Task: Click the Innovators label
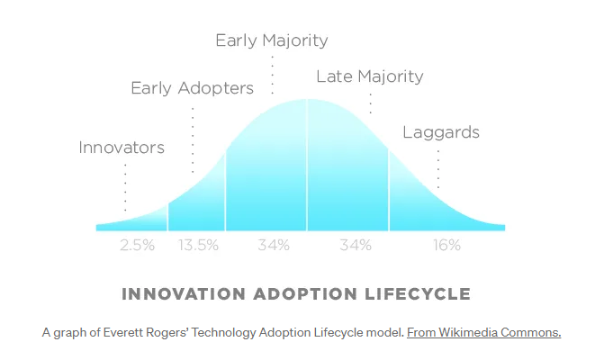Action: [x=122, y=148]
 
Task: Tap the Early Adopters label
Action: [x=192, y=88]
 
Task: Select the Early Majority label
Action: [x=271, y=40]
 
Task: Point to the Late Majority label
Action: [x=369, y=76]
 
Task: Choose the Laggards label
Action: [x=440, y=133]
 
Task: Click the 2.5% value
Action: [x=137, y=245]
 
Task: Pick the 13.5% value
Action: [x=197, y=245]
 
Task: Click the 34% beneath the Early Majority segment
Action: [x=273, y=245]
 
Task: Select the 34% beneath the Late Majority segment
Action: [x=355, y=245]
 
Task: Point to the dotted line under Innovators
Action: [x=125, y=186]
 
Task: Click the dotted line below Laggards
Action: [x=438, y=166]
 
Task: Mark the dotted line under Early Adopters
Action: [x=193, y=139]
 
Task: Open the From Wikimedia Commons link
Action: [x=483, y=332]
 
